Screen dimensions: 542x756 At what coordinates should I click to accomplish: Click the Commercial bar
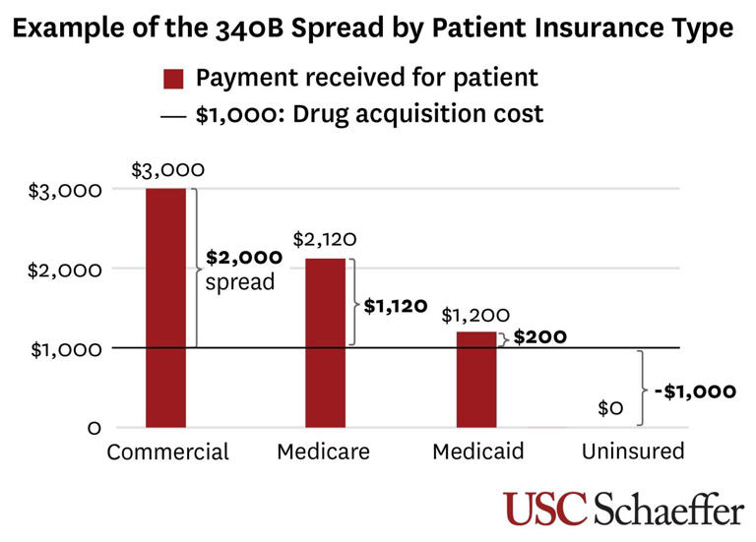click(165, 307)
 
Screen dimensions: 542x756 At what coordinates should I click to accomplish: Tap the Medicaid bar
click(476, 380)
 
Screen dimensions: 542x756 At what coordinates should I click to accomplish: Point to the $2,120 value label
click(324, 239)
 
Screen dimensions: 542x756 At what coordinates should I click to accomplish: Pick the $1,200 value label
click(475, 315)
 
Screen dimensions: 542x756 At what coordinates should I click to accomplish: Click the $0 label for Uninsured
click(610, 408)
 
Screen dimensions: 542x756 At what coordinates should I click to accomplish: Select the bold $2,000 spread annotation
click(244, 258)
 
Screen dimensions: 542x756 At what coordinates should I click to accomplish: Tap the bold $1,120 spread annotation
click(396, 306)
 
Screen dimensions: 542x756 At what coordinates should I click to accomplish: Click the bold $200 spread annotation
click(540, 336)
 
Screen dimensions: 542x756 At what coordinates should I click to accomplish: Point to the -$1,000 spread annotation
click(695, 391)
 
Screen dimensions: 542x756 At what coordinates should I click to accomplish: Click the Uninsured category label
click(632, 452)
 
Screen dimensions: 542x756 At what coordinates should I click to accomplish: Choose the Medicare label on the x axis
click(323, 452)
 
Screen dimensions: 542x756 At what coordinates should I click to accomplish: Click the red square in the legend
click(173, 79)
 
